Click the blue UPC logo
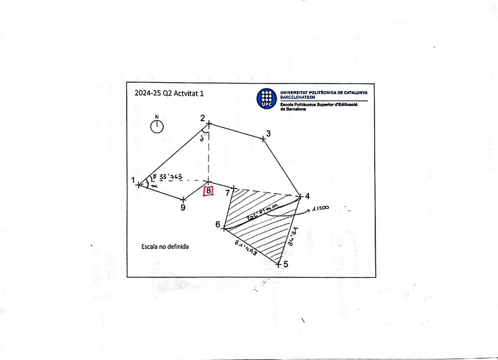(267, 98)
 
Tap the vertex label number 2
(203, 118)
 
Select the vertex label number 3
(268, 133)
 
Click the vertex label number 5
(286, 264)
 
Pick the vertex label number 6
(218, 225)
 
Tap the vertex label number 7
(227, 192)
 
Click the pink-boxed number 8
(208, 190)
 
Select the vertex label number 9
(183, 207)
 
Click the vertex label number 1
(134, 180)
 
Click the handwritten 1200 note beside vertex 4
(320, 208)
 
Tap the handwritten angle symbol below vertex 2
(203, 139)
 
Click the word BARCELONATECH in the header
(300, 97)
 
